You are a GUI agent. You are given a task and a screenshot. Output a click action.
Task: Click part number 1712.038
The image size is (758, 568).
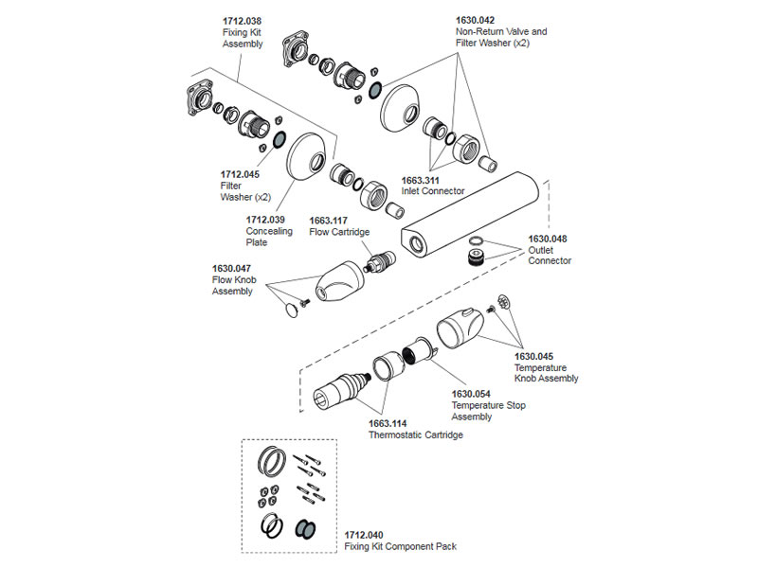point(242,21)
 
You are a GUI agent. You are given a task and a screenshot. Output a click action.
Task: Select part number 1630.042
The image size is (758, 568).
point(476,20)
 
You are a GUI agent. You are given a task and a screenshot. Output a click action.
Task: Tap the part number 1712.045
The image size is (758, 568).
point(240,174)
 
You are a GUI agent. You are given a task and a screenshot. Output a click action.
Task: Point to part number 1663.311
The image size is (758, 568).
point(420,181)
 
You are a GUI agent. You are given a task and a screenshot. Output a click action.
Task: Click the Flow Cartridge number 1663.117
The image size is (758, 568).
point(328,221)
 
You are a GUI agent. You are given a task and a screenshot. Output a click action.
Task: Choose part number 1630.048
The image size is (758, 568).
point(548,240)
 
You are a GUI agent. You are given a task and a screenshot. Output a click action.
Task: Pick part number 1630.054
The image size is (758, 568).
point(471,394)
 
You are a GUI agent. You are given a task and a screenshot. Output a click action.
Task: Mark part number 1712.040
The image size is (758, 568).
point(364,535)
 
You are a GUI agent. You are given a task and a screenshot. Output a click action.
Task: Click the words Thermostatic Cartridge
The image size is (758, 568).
point(416,435)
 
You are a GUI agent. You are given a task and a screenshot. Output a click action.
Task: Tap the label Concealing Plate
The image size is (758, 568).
point(269,237)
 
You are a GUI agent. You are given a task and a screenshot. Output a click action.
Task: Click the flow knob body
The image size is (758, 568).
point(340,281)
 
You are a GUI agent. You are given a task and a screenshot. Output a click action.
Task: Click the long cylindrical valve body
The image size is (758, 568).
point(469,214)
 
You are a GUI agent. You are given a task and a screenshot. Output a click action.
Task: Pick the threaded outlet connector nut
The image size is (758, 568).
point(477,257)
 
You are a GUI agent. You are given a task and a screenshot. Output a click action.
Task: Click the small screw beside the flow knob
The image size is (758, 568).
point(305,303)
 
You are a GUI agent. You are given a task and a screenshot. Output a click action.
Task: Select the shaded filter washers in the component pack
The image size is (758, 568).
point(305,528)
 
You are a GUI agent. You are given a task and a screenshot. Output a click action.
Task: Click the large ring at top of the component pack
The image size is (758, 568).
point(272,459)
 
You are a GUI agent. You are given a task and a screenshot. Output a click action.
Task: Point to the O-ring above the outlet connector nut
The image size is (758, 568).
point(477,240)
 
